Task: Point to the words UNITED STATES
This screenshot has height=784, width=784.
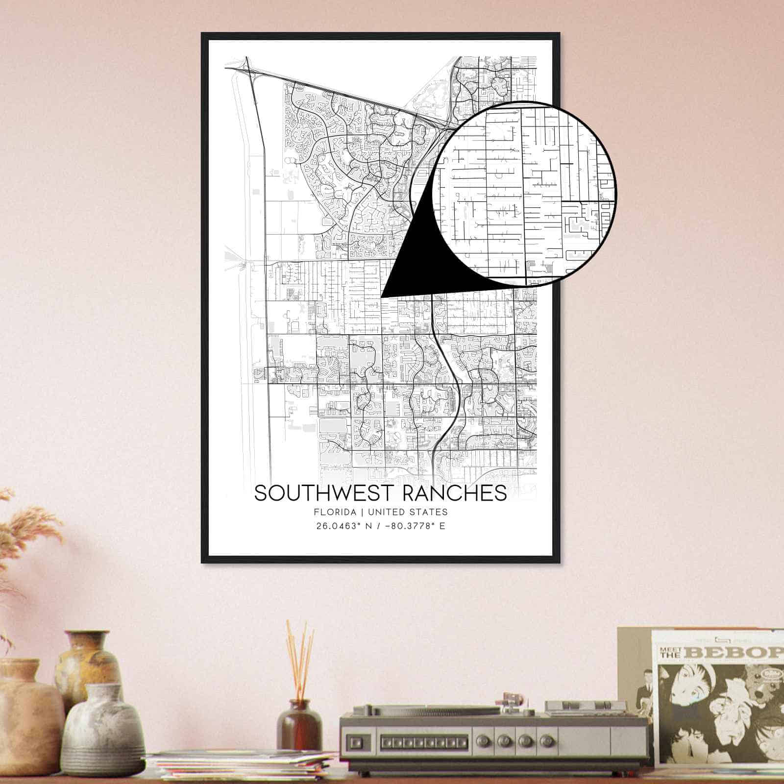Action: click(x=408, y=512)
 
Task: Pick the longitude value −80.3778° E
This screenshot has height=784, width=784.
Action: click(x=411, y=527)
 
